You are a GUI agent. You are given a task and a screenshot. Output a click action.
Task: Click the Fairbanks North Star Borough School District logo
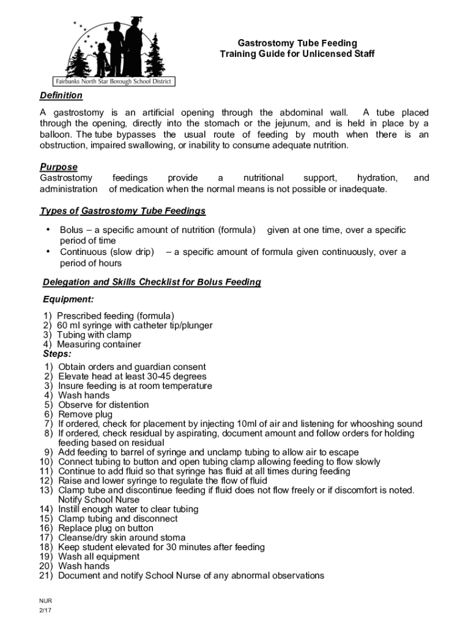coord(113,52)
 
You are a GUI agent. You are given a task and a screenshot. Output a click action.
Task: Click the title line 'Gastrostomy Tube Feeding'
coord(297,43)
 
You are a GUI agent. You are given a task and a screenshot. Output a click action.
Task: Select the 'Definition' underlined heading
coord(61,95)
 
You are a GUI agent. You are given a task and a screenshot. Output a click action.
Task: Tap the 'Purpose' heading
coord(59,167)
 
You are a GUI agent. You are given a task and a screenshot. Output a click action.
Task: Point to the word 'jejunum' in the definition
coord(284,123)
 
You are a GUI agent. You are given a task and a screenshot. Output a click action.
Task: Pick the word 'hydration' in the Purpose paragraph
coord(377,178)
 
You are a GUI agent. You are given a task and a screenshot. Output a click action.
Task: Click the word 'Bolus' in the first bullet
coord(72,230)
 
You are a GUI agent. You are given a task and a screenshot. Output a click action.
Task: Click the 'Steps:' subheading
coord(57,353)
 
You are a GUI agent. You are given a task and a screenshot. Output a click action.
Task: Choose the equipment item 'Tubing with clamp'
coord(94,335)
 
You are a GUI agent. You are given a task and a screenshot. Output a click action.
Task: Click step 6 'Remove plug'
coord(85,414)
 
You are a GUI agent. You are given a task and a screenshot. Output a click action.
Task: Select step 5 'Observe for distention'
coord(103,405)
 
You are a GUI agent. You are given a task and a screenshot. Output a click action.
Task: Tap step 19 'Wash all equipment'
coord(98,557)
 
